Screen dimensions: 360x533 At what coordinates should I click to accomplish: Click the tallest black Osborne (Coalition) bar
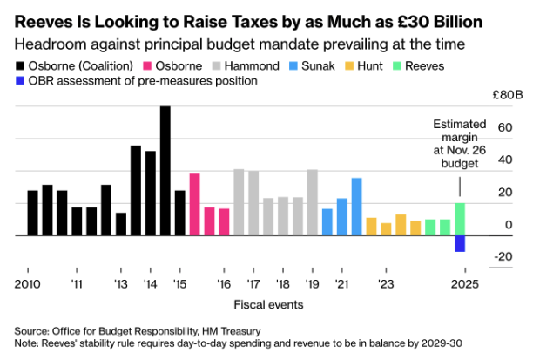pyautogui.click(x=165, y=171)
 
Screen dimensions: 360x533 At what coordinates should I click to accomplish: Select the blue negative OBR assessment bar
pyautogui.click(x=459, y=244)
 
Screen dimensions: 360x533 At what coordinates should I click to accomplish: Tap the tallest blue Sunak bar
pyautogui.click(x=356, y=207)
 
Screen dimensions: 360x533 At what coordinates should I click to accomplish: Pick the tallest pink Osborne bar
pyautogui.click(x=194, y=205)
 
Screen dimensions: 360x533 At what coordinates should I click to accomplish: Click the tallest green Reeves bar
pyautogui.click(x=459, y=220)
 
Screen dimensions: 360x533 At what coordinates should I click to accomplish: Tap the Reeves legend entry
pyautogui.click(x=449, y=65)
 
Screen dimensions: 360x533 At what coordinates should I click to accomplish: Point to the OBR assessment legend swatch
pyautogui.click(x=20, y=81)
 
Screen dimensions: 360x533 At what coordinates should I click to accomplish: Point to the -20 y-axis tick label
pyautogui.click(x=479, y=256)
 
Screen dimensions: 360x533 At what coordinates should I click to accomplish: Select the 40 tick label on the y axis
pyautogui.click(x=482, y=160)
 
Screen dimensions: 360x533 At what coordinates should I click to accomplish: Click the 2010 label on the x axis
pyautogui.click(x=27, y=284)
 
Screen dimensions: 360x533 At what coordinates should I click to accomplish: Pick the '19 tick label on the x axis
pyautogui.click(x=312, y=284)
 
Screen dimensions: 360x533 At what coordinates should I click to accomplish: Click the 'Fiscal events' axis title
pyautogui.click(x=268, y=305)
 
